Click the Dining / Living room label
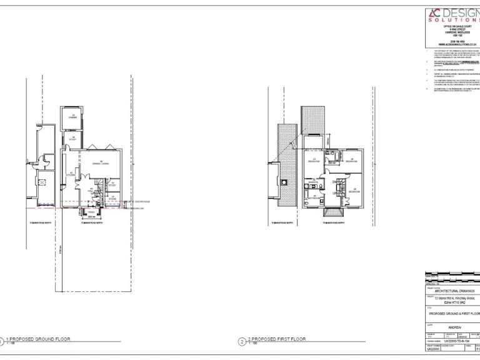pyautogui.click(x=100, y=163)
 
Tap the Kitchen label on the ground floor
pyautogui.click(x=71, y=174)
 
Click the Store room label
pyautogui.click(x=112, y=198)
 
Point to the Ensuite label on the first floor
pyautogui.click(x=314, y=182)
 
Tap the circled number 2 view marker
pyautogui.click(x=242, y=342)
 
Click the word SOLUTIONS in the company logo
pyautogui.click(x=453, y=20)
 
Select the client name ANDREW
pyautogui.click(x=454, y=327)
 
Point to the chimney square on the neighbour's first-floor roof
pyautogui.click(x=285, y=182)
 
